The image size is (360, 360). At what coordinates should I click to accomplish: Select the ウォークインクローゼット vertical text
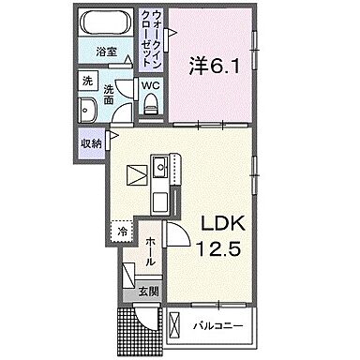coord(154,42)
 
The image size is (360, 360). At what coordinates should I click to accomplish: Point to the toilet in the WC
coord(149,104)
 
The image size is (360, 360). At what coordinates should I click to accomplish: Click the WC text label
coord(150,85)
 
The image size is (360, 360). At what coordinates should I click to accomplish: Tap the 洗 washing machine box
coord(85,82)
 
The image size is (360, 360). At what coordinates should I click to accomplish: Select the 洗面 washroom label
coord(109,94)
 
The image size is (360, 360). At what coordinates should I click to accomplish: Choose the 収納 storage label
coord(90,143)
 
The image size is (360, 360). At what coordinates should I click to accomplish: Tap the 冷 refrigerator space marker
coord(123,228)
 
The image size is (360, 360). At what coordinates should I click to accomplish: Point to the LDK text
coord(221,224)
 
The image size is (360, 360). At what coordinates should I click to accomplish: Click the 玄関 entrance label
coord(149,292)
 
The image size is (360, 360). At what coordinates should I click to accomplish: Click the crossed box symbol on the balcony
coord(175,327)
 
